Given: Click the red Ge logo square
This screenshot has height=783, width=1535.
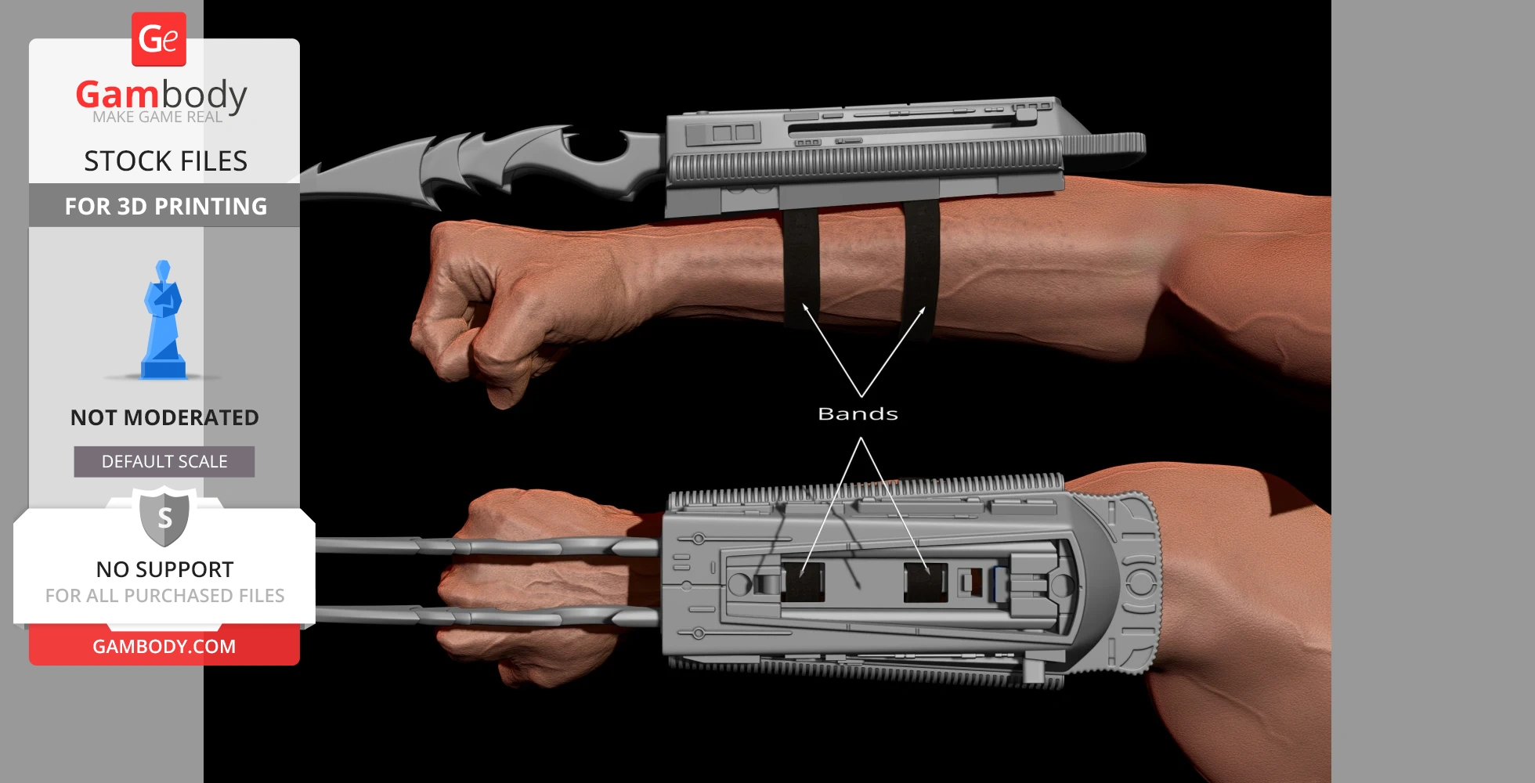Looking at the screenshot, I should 159,39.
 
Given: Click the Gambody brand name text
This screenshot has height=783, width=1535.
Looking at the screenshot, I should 161,95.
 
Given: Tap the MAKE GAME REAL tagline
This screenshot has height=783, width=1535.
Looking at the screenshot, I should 157,117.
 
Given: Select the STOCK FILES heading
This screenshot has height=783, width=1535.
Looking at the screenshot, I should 165,161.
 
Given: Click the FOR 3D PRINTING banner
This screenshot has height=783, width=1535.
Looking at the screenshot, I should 165,206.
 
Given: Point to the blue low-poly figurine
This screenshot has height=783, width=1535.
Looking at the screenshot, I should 163,321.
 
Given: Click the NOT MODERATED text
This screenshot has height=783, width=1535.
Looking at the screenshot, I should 164,417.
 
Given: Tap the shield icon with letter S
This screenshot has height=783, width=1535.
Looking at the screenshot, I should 164,518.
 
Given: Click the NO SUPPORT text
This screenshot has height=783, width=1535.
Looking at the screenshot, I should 164,569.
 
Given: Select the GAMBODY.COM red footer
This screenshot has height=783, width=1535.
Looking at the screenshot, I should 164,646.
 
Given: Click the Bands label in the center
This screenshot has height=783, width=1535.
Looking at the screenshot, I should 858,413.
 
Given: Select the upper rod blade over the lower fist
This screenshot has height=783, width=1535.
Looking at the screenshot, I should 486,546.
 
